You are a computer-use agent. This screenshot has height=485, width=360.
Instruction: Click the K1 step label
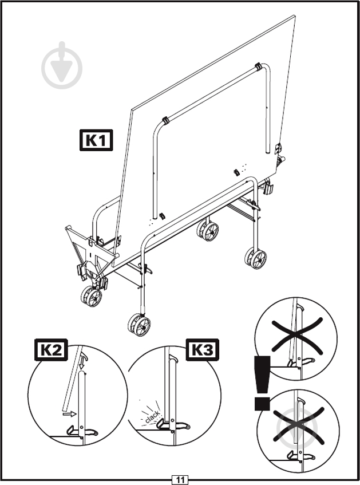96,140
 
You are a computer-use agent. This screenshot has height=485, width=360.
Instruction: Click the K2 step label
50,350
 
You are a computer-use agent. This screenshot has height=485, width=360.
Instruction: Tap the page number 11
180,479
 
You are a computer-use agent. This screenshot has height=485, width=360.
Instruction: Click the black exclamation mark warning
262,383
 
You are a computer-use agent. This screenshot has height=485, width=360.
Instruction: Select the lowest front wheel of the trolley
140,325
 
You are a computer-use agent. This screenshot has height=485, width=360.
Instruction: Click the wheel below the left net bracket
91,297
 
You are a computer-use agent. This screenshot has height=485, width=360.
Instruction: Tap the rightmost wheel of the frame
256,258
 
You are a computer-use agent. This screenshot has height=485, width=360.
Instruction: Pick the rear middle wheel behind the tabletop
208,230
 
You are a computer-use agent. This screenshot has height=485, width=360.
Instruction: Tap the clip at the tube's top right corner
259,67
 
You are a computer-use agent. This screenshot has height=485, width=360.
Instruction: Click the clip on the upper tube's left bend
165,121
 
